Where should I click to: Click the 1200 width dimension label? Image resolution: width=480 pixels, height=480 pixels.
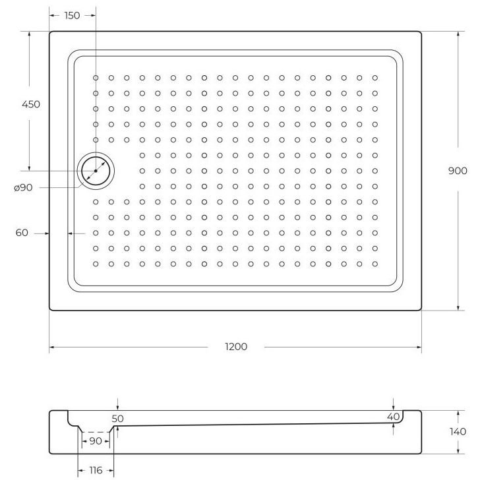click(x=235, y=347)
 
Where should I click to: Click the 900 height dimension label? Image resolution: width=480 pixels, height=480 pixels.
click(x=457, y=170)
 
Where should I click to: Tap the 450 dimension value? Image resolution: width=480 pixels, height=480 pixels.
click(x=31, y=104)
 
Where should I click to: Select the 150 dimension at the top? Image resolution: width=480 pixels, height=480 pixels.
click(x=72, y=15)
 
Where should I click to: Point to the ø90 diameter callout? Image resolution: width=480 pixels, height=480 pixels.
click(x=24, y=188)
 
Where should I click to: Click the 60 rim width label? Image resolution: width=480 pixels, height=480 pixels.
click(x=22, y=233)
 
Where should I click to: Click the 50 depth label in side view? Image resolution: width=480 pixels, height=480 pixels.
click(x=117, y=418)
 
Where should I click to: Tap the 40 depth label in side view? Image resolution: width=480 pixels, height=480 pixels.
click(x=393, y=417)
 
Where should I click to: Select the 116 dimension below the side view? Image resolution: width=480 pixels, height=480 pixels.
click(x=96, y=471)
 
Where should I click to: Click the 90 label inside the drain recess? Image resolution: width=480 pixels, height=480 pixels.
click(x=96, y=440)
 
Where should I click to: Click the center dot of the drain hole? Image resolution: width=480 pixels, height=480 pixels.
click(x=96, y=171)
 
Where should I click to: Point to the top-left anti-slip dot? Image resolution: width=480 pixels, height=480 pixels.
click(x=96, y=78)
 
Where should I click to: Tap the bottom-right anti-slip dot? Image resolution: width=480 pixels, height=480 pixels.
click(x=375, y=264)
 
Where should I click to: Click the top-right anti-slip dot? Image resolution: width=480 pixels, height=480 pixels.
click(x=375, y=78)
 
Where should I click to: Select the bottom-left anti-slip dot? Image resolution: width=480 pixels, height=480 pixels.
click(x=96, y=264)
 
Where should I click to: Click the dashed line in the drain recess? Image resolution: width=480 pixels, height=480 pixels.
click(x=96, y=432)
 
